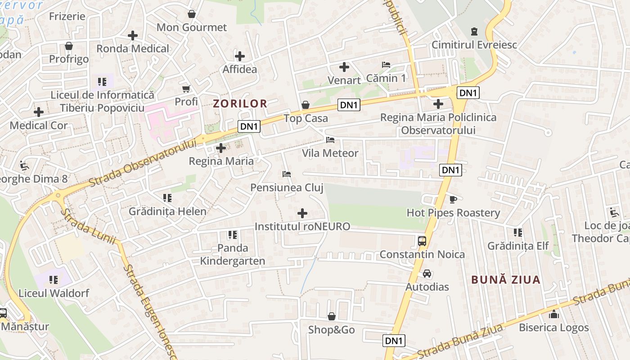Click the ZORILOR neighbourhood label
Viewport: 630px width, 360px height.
tap(240, 103)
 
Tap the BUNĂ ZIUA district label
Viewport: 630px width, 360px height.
tap(506, 280)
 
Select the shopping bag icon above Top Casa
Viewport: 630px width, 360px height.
tap(306, 105)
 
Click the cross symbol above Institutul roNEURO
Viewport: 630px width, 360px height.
tap(302, 213)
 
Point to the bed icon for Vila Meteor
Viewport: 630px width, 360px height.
tap(330, 139)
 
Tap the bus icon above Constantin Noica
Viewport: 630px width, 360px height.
tap(422, 241)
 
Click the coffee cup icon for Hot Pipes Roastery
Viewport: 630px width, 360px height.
tap(453, 199)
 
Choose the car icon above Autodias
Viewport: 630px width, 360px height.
tap(427, 274)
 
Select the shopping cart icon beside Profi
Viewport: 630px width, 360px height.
tap(186, 89)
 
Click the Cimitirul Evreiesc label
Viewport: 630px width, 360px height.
tap(474, 45)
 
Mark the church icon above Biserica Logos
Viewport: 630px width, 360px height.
tap(554, 314)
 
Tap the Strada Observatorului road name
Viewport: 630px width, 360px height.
tap(143, 163)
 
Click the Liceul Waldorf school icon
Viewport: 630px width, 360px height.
tap(54, 280)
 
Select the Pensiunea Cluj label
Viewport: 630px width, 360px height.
tap(287, 188)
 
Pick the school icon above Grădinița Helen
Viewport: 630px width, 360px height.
tap(167, 198)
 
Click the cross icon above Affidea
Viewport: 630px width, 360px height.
tap(240, 56)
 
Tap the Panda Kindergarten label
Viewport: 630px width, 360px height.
tap(233, 254)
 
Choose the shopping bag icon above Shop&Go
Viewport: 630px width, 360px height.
tap(332, 317)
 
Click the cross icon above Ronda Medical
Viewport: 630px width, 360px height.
tap(133, 36)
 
